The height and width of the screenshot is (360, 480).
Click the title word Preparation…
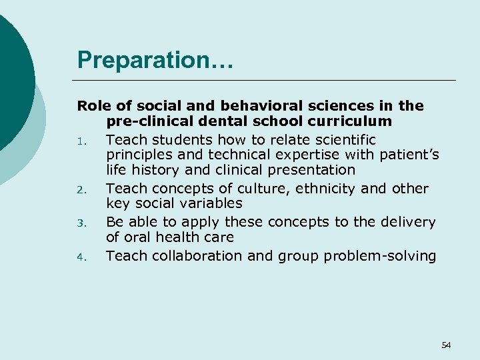pyautogui.click(x=155, y=60)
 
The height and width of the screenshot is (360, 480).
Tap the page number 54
pyautogui.click(x=446, y=345)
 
